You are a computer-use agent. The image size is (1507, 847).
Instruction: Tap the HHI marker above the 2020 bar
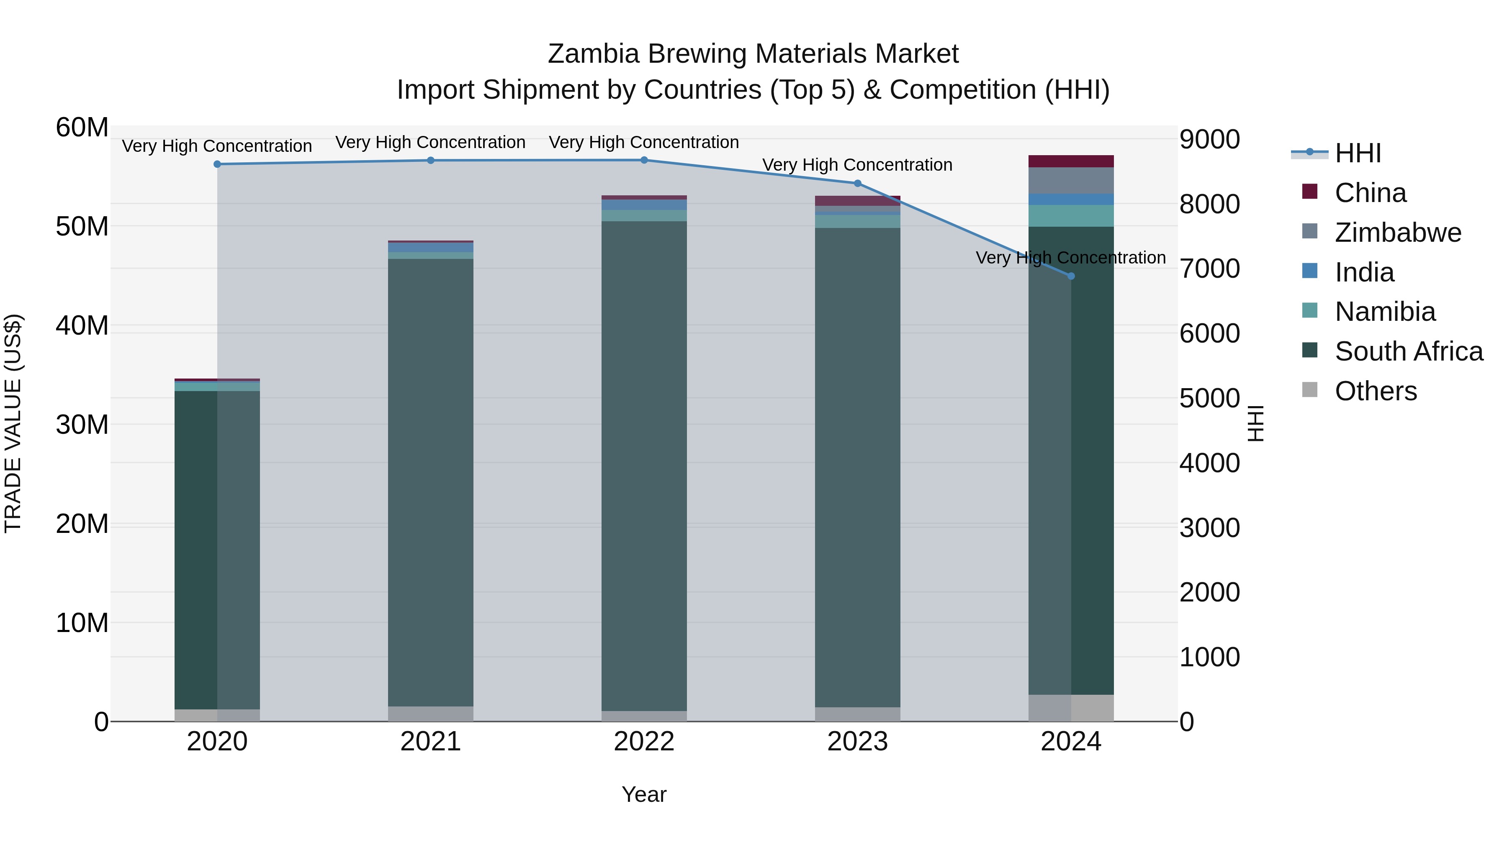[217, 164]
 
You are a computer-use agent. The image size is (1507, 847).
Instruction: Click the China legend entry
[1370, 192]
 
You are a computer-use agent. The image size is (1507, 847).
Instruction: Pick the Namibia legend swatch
[1309, 311]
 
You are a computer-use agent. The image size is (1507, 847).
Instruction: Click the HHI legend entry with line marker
[1357, 153]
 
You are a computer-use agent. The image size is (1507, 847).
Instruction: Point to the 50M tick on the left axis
[82, 226]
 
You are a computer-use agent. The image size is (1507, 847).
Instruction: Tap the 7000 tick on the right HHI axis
[1209, 269]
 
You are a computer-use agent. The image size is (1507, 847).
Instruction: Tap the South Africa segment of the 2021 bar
[431, 479]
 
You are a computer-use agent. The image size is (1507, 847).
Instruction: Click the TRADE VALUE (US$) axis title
[13, 423]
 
